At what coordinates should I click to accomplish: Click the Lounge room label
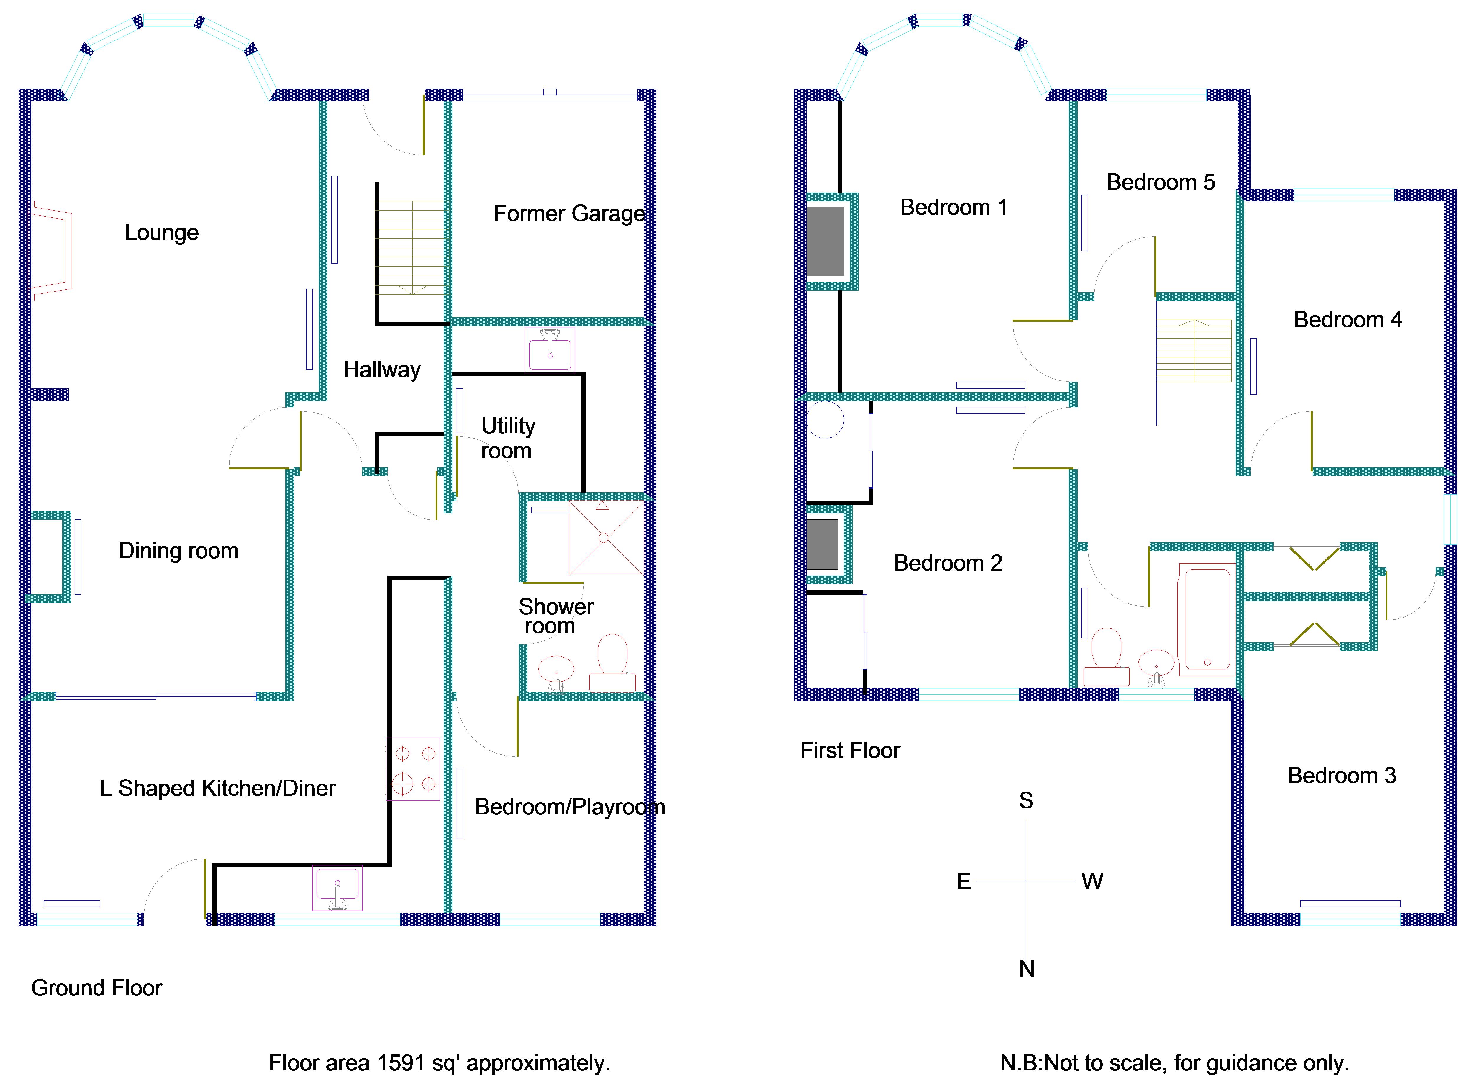pyautogui.click(x=161, y=233)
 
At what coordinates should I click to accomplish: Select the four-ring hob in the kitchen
pyautogui.click(x=413, y=769)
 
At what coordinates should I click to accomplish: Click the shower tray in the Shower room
pyautogui.click(x=606, y=537)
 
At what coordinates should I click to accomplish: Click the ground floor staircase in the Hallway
pyautogui.click(x=413, y=247)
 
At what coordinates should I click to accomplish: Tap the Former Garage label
pyautogui.click(x=569, y=214)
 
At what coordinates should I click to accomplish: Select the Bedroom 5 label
pyautogui.click(x=1161, y=182)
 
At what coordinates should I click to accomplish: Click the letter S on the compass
pyautogui.click(x=1026, y=800)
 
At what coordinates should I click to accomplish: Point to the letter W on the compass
pyautogui.click(x=1092, y=881)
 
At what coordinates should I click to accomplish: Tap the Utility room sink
pyautogui.click(x=550, y=350)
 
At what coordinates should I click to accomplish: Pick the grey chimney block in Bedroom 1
pyautogui.click(x=825, y=241)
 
